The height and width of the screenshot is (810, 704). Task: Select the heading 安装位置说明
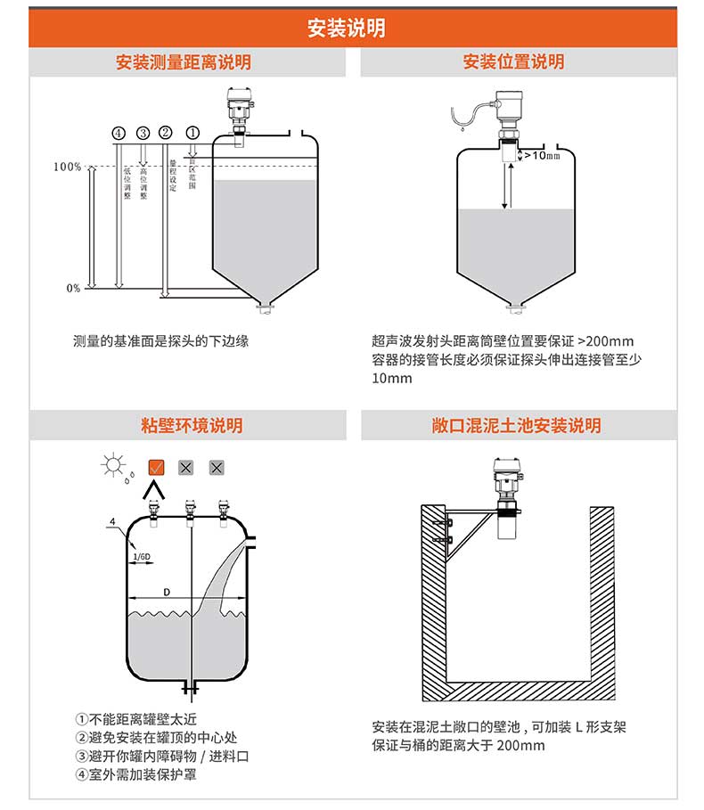(x=513, y=62)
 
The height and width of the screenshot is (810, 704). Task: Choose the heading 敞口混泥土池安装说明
(x=514, y=426)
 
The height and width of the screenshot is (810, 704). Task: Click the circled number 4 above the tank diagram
(x=119, y=133)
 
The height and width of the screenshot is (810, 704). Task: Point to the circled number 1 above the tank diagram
(x=192, y=133)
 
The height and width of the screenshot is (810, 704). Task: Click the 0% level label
(x=73, y=288)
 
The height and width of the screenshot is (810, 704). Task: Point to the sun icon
(x=113, y=464)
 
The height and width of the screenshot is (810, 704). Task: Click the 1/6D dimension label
(x=142, y=557)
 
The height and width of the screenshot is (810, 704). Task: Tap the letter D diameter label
(x=166, y=592)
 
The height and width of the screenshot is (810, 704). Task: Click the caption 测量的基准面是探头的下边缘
(x=160, y=341)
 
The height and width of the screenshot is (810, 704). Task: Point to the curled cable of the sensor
(x=468, y=113)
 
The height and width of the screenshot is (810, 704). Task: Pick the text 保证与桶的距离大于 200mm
(x=458, y=745)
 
